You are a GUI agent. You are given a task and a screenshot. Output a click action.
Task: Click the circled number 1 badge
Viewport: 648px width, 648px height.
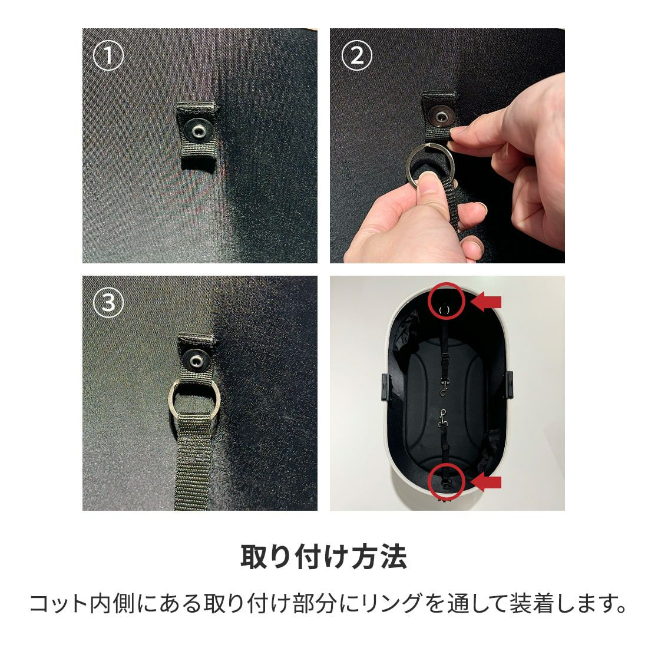pyautogui.click(x=108, y=57)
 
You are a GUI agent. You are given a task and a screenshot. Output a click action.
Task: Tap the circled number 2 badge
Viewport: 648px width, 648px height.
pyautogui.click(x=357, y=57)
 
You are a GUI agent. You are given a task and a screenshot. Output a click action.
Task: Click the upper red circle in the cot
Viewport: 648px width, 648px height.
pyautogui.click(x=447, y=301)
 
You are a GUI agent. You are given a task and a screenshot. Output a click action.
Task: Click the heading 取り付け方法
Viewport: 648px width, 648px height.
pyautogui.click(x=323, y=557)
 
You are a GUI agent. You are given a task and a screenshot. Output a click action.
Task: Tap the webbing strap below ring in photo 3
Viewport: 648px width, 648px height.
pyautogui.click(x=194, y=465)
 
